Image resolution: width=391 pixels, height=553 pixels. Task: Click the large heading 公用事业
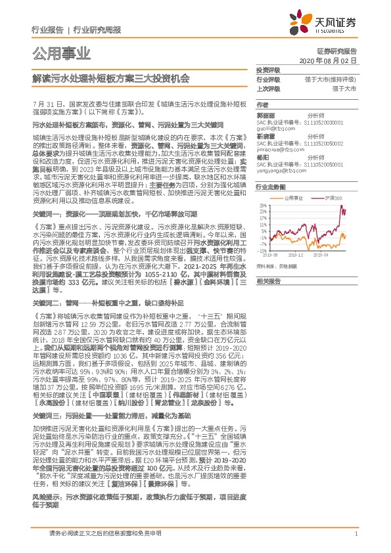(x=55, y=53)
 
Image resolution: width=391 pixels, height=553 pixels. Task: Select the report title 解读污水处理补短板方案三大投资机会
(x=110, y=77)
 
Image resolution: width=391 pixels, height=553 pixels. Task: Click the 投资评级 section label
(x=268, y=69)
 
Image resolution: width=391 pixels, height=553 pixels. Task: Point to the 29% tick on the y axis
(x=262, y=205)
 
